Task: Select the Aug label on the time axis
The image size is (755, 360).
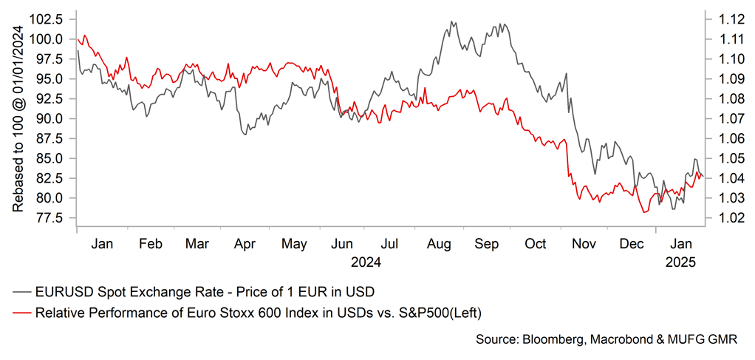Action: (439, 242)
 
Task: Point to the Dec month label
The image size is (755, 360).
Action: (632, 242)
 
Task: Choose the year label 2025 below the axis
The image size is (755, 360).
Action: (680, 261)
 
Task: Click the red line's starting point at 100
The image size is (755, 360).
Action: (78, 39)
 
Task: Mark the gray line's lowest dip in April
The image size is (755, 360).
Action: (244, 134)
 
